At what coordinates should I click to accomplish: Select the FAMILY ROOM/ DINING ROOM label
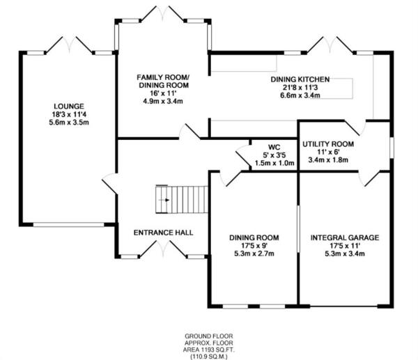click(x=162, y=80)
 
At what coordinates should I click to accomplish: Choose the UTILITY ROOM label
click(x=328, y=143)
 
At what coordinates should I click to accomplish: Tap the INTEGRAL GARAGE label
click(x=345, y=237)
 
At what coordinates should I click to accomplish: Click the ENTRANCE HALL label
click(x=163, y=233)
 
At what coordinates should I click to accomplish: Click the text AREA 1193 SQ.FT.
click(x=208, y=347)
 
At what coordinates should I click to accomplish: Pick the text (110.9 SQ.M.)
click(x=208, y=354)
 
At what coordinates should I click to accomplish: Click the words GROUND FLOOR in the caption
click(x=208, y=333)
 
